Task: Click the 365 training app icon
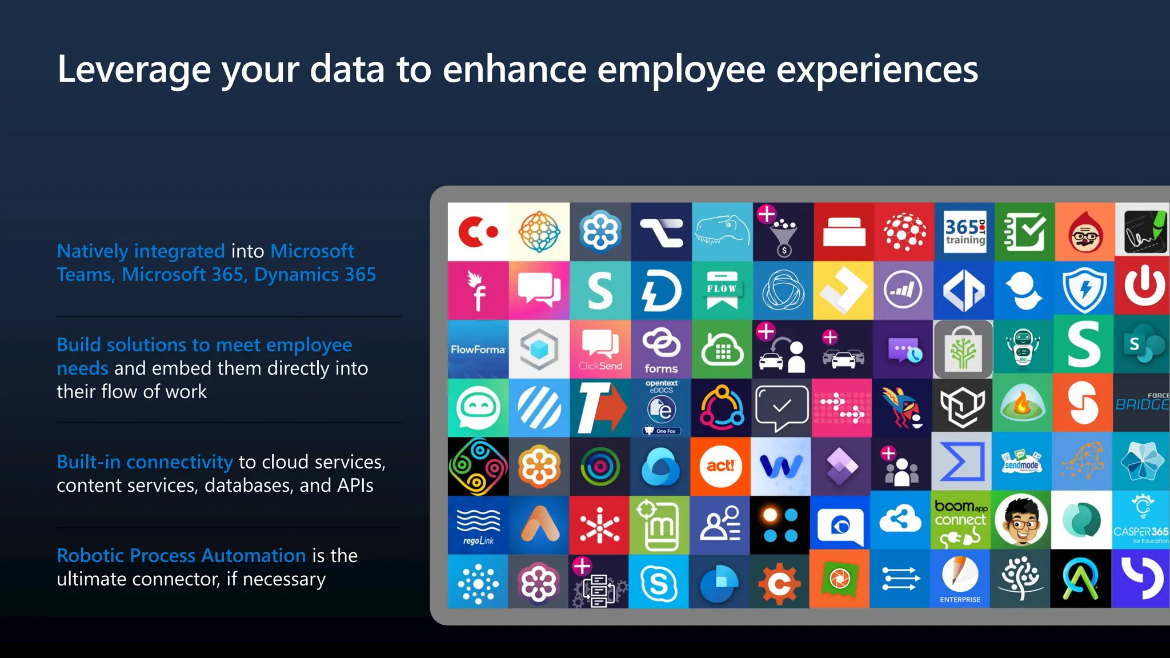click(x=964, y=232)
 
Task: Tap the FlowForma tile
click(x=478, y=349)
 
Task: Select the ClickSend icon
click(x=600, y=349)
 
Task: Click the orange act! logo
click(x=720, y=466)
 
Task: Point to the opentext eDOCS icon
click(x=662, y=407)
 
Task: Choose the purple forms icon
click(x=661, y=349)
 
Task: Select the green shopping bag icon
click(x=963, y=349)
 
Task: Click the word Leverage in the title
click(x=134, y=70)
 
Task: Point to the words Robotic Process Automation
click(x=181, y=555)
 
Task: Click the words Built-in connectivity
click(x=145, y=462)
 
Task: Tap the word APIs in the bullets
click(x=355, y=486)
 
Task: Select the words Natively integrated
click(x=141, y=251)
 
